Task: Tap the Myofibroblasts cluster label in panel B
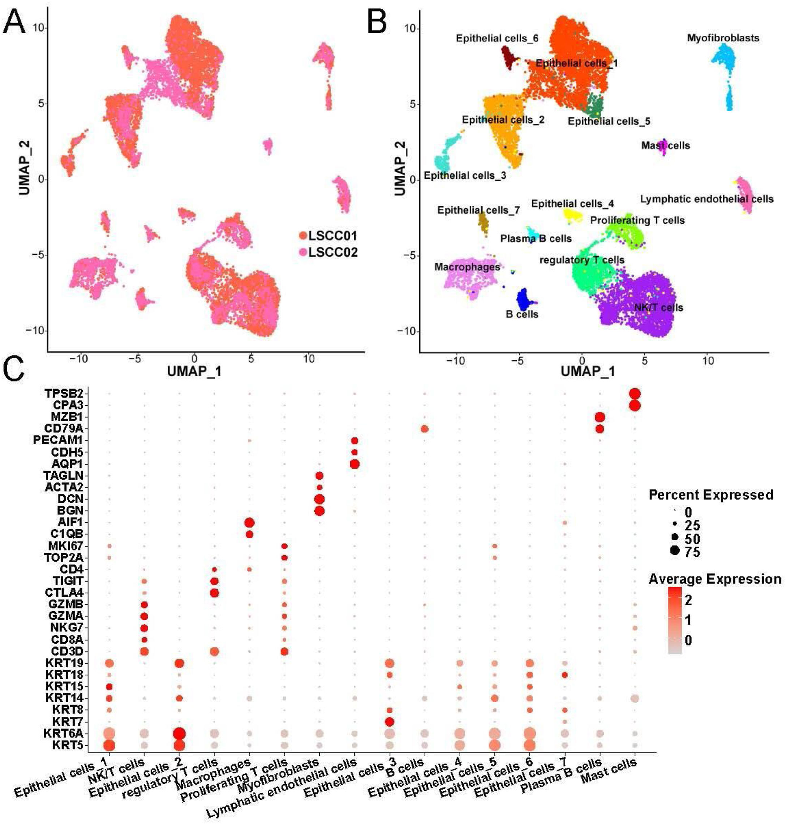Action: pos(723,38)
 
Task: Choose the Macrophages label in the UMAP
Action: pos(467,267)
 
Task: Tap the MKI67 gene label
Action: pos(65,546)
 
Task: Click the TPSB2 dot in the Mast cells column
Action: pos(634,394)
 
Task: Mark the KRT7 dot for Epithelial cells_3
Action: pos(389,722)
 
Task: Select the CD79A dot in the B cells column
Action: pos(424,428)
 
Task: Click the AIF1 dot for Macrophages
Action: pos(249,523)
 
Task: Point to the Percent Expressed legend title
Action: pos(710,495)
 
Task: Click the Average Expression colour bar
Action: pos(675,620)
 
